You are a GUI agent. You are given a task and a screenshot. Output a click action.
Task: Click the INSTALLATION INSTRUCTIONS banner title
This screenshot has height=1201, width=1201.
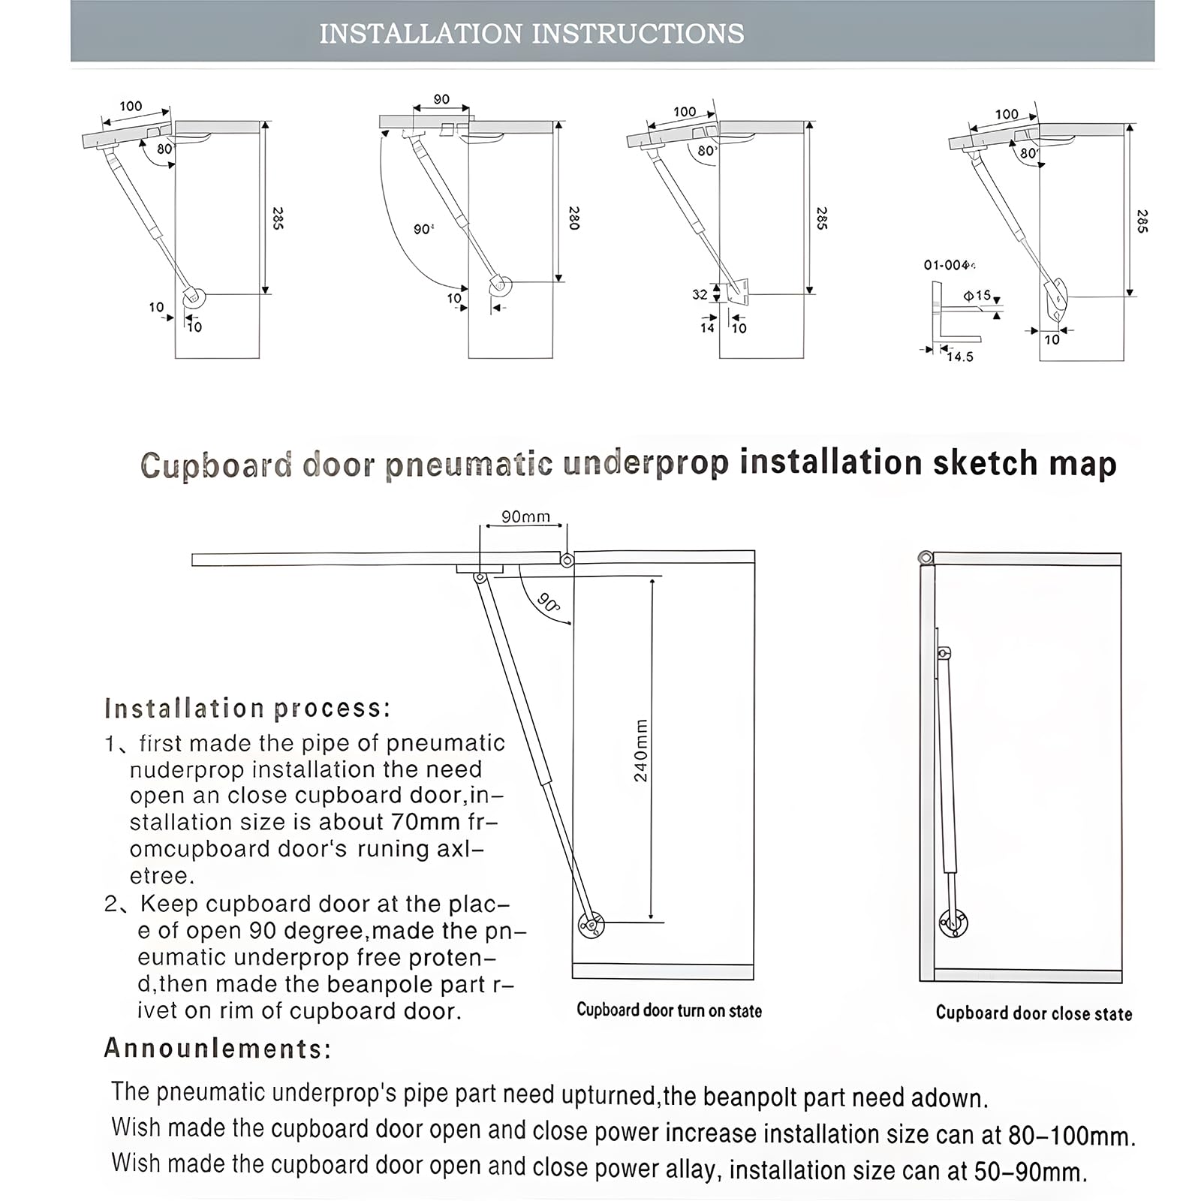pos(531,34)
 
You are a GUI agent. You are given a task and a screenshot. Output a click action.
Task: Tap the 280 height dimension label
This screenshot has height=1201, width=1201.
pos(574,218)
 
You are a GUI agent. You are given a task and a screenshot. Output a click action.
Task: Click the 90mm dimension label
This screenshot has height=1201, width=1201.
pos(525,516)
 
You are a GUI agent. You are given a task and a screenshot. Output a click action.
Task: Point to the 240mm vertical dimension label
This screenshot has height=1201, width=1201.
pos(640,750)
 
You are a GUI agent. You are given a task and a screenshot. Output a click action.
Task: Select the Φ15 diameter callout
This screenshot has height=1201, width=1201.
pos(977,296)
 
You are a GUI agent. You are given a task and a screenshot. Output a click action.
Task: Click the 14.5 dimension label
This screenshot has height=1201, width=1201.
pos(959,357)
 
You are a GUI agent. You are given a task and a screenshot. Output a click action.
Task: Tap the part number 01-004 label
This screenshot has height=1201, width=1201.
pos(948,265)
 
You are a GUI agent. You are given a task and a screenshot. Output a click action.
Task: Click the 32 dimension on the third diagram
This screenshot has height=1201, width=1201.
pos(700,294)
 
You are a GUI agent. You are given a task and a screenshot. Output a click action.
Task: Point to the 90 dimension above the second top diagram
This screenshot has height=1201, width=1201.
pos(441,99)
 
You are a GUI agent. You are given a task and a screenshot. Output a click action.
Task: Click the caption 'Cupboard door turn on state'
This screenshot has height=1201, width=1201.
pos(669,1010)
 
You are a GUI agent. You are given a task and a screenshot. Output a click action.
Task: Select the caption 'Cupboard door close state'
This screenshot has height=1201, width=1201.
pos(1034,1013)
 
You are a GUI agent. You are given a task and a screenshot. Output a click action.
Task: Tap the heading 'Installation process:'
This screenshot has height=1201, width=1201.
pos(248,708)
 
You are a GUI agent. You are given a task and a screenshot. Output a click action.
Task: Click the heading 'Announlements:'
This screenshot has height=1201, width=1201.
pos(218,1048)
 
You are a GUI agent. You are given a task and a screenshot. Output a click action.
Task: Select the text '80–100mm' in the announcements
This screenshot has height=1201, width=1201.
pos(1071,1135)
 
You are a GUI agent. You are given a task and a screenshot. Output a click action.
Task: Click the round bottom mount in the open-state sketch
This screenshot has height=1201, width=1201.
pos(591,925)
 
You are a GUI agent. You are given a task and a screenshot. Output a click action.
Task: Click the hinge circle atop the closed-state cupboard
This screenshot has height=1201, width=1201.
pos(926,557)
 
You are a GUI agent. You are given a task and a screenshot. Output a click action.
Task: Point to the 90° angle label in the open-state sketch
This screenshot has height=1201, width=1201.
pos(549,602)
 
